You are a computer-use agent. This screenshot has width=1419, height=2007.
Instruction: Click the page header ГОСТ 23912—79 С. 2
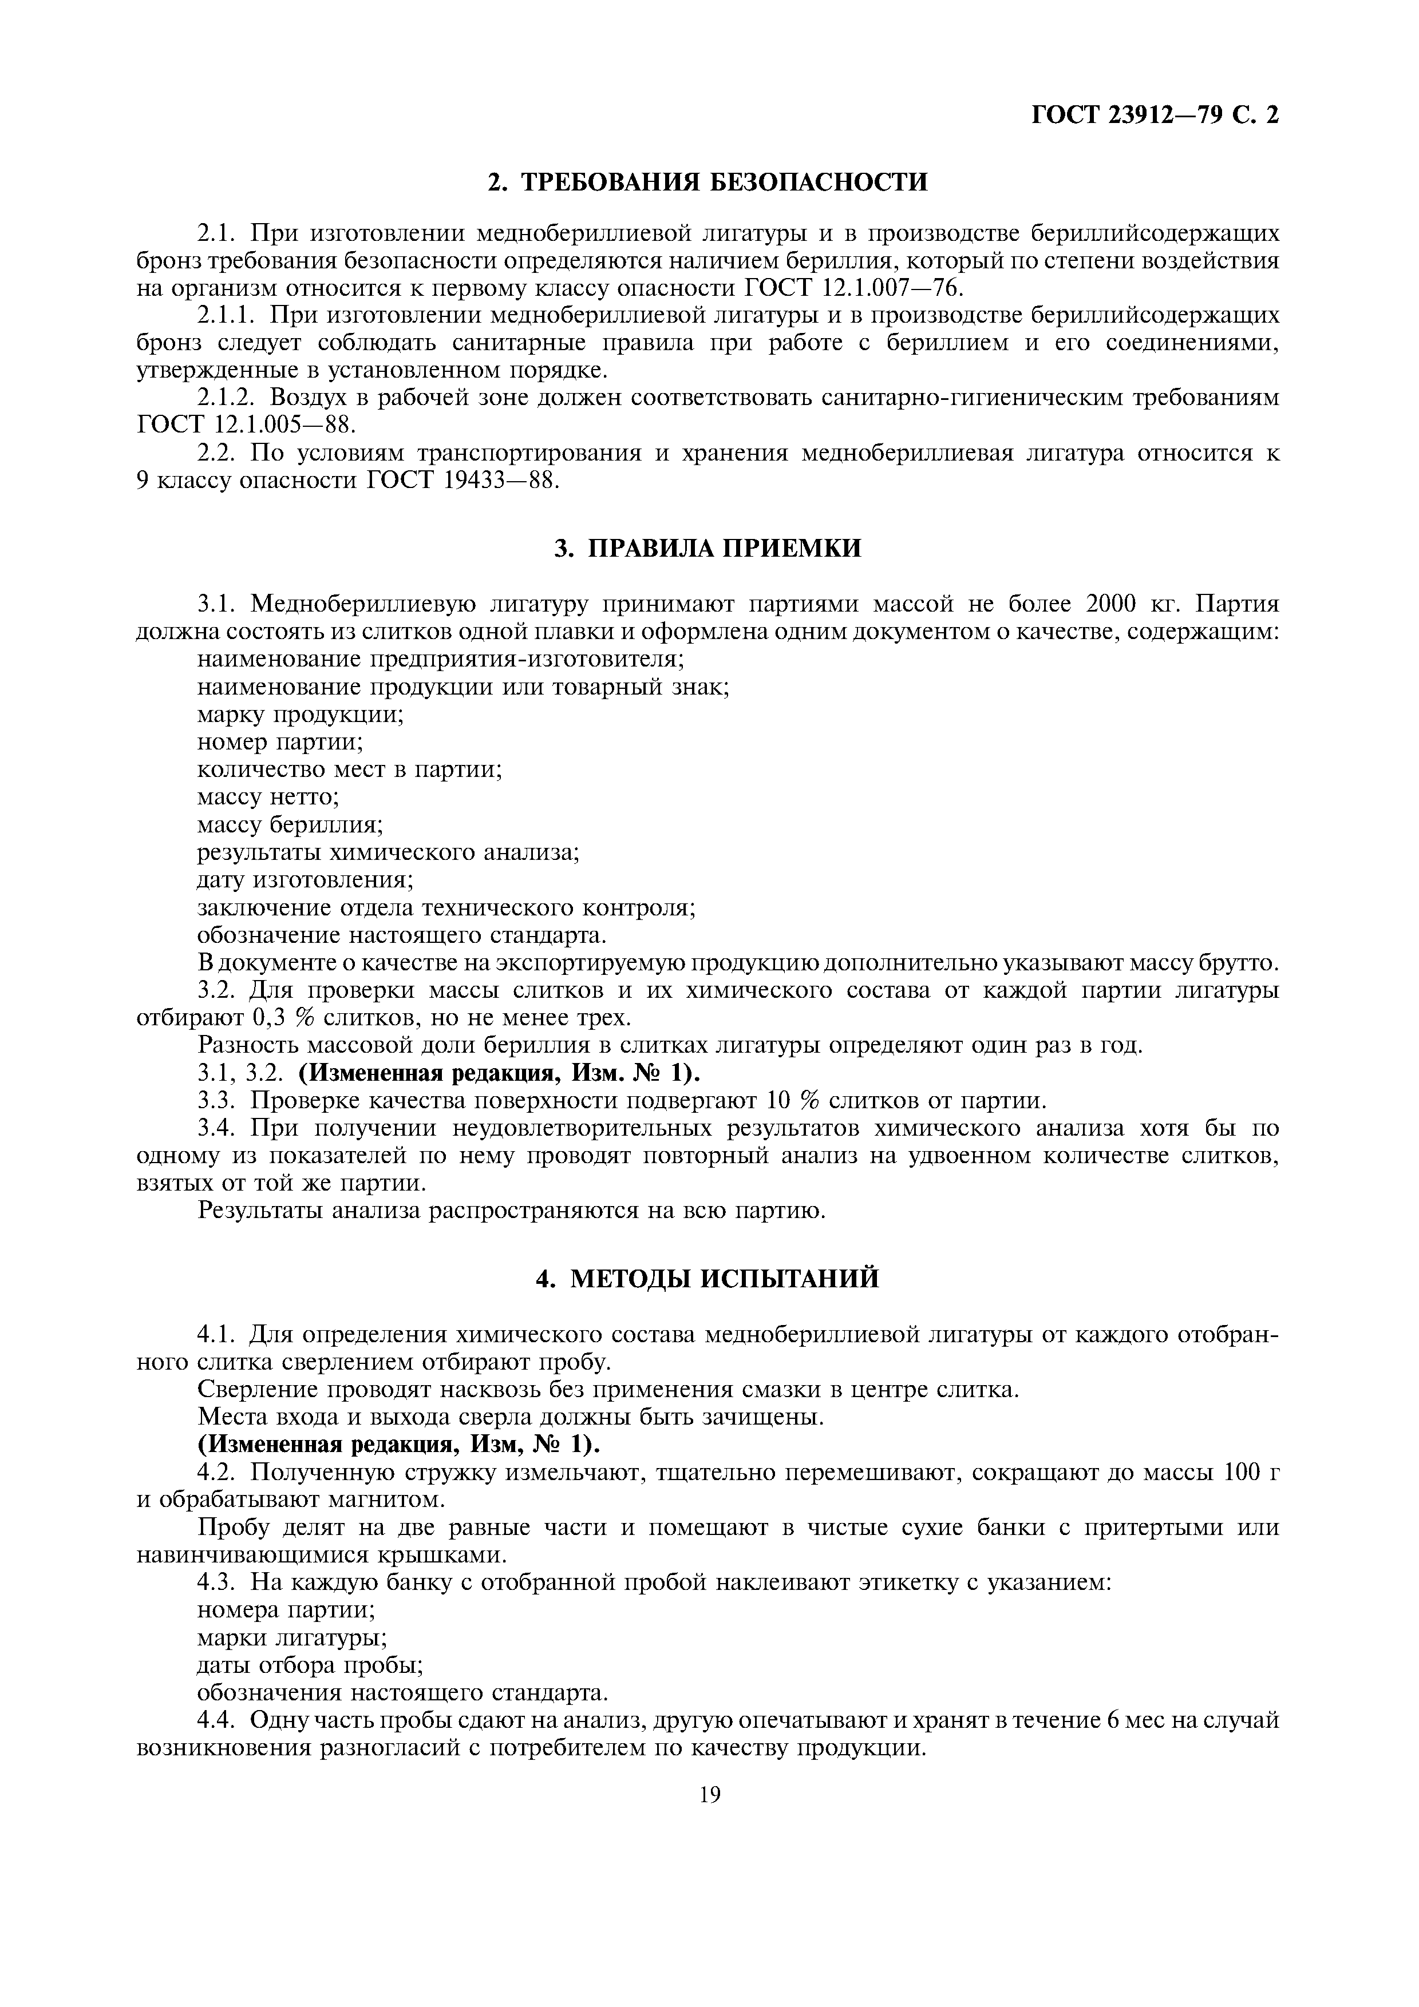tap(1155, 116)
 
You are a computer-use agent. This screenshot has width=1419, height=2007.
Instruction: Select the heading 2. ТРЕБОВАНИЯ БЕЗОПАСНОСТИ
tap(707, 182)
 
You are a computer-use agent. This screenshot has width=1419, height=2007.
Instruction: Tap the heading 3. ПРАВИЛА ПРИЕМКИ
tap(707, 548)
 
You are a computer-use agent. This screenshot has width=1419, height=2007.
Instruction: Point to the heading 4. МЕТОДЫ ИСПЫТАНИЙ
tap(707, 1279)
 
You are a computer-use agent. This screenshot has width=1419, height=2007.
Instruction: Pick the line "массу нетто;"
tap(268, 797)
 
